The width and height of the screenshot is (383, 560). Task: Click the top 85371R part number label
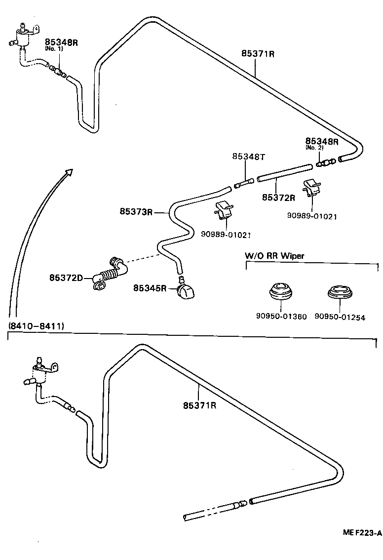click(258, 54)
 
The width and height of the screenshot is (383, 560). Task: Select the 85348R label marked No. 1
click(62, 42)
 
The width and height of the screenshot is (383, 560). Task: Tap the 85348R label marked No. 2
click(321, 141)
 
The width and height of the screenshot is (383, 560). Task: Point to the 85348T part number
click(248, 157)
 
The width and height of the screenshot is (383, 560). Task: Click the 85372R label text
click(278, 198)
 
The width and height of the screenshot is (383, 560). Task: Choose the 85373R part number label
click(136, 211)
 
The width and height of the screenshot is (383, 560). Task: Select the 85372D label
click(65, 278)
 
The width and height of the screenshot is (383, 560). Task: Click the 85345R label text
click(149, 288)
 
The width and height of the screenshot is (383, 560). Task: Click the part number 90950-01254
click(340, 318)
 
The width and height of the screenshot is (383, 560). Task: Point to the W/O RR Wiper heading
click(274, 255)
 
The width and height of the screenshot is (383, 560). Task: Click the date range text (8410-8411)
click(36, 326)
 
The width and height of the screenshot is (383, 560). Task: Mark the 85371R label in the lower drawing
click(200, 405)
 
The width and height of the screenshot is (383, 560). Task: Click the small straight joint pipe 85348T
click(244, 183)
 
